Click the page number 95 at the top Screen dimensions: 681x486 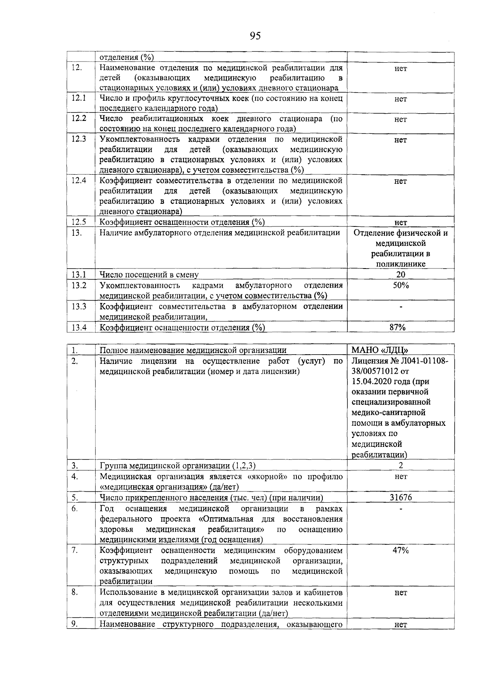click(255, 36)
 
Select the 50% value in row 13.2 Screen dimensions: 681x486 click(401, 286)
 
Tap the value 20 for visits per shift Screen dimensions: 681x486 click(401, 275)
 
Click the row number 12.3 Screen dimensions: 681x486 click(79, 140)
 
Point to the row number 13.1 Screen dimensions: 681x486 click(79, 275)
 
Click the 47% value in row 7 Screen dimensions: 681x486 click(400, 550)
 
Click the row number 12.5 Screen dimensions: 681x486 click(79, 222)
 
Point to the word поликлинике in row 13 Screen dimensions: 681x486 click(400, 264)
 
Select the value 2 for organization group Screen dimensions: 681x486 click(401, 465)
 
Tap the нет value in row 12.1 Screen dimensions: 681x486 click(401, 99)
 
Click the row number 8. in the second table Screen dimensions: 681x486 click(75, 592)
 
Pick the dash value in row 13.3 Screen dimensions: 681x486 click(401, 307)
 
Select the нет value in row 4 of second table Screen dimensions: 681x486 click(401, 477)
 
